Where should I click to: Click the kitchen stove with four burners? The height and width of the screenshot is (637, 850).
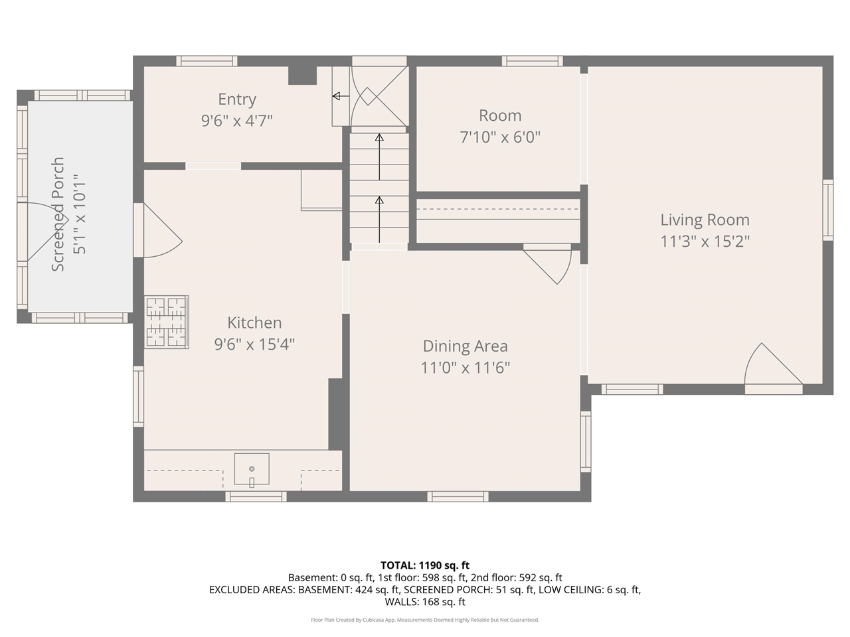coord(167,322)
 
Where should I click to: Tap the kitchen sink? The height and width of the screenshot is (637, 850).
coord(251,468)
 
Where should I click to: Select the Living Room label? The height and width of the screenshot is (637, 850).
coord(705,220)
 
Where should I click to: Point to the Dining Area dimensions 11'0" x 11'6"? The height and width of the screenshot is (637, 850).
coord(465,368)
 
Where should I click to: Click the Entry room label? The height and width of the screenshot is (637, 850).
coord(237,100)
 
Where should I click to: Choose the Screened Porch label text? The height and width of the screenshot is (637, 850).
coord(57,214)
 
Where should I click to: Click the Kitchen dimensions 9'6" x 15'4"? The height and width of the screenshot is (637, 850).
coord(254,344)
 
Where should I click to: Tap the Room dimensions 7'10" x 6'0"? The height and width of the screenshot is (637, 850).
coord(500,137)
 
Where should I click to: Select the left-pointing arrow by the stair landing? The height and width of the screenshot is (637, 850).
coord(341,96)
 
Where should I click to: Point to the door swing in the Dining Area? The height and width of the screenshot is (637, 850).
coord(547,267)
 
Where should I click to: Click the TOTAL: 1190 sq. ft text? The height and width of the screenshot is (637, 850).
coord(425,565)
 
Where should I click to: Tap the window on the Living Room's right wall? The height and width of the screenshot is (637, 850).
coord(828,210)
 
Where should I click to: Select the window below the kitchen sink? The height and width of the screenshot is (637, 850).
coord(256,496)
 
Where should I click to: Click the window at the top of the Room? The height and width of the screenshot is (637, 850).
coord(532,61)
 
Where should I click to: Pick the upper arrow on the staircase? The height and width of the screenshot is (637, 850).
coord(379,157)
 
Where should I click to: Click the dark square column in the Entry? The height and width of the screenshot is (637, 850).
coord(302,76)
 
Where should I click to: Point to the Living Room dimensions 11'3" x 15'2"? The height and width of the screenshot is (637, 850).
coord(705,242)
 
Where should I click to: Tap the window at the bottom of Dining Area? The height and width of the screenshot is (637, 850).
coord(458,496)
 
